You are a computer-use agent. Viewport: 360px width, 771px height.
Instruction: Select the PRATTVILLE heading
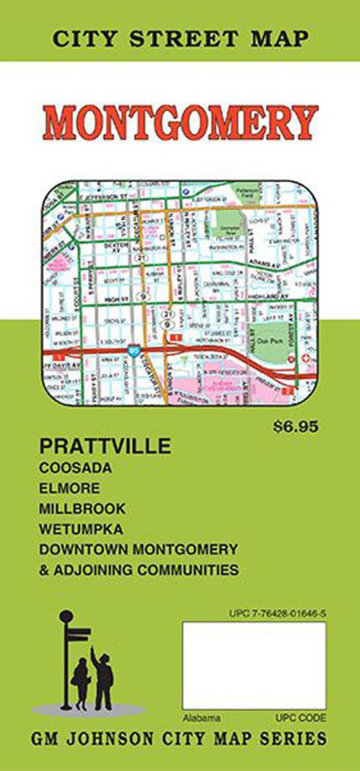(106, 447)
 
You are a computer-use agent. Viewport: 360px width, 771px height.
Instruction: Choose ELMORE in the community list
(70, 487)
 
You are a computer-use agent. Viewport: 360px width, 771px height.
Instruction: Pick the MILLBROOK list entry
(82, 507)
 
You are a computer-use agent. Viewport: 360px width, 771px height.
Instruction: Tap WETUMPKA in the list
(82, 528)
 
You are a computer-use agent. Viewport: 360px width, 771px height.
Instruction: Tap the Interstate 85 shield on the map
(134, 351)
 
